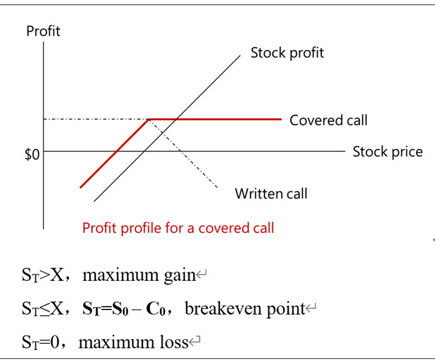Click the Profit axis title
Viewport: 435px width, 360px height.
[43, 31]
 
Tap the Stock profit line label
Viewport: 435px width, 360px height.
[287, 53]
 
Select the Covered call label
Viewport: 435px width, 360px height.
[328, 120]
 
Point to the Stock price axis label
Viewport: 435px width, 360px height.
[387, 151]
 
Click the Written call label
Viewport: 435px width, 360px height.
[271, 194]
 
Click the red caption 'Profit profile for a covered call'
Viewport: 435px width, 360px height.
[178, 228]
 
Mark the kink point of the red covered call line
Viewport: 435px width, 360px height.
[148, 119]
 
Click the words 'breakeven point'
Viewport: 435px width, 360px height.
[244, 309]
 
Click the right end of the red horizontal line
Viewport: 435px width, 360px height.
[280, 119]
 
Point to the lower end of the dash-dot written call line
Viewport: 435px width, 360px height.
[217, 187]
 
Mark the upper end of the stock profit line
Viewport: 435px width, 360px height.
[239, 56]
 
